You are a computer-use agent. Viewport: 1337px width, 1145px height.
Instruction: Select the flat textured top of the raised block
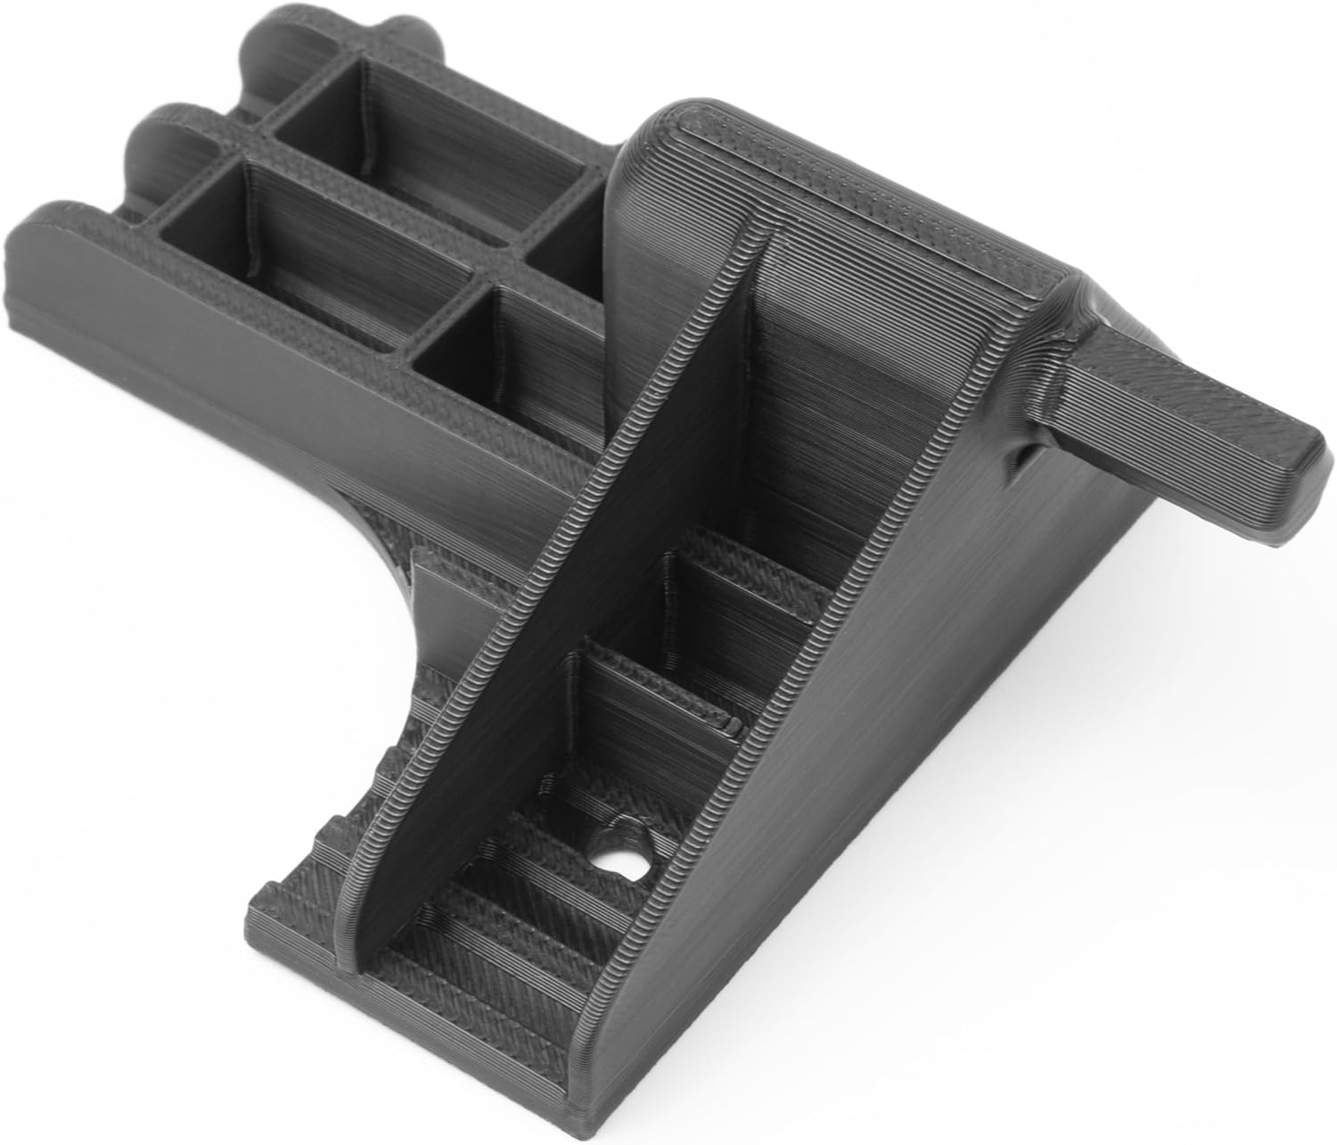[856, 187]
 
